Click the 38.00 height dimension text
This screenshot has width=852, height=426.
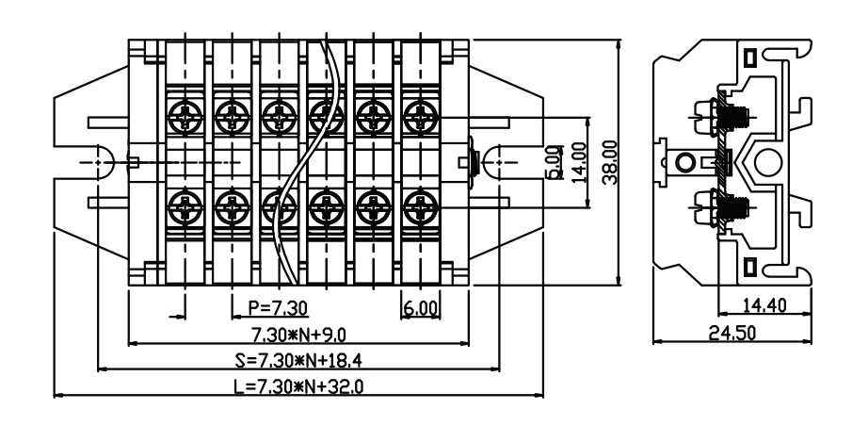(611, 163)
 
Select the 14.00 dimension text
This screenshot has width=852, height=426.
(579, 163)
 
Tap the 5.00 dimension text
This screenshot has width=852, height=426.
(554, 162)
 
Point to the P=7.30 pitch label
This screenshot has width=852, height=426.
(278, 308)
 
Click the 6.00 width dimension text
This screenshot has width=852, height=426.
(420, 308)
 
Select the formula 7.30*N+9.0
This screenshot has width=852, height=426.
(298, 335)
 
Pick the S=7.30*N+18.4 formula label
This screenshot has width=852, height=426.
(298, 360)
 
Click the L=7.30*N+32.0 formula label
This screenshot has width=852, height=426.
(298, 386)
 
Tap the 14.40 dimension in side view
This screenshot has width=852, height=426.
(764, 305)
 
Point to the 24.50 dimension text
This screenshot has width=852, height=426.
(731, 333)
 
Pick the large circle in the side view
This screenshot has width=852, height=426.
(768, 163)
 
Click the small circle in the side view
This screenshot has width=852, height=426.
(684, 162)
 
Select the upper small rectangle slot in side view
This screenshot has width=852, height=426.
(749, 57)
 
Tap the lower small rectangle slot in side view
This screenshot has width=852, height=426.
(749, 267)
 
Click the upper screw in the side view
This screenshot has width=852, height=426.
(721, 117)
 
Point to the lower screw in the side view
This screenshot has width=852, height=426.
(721, 208)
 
